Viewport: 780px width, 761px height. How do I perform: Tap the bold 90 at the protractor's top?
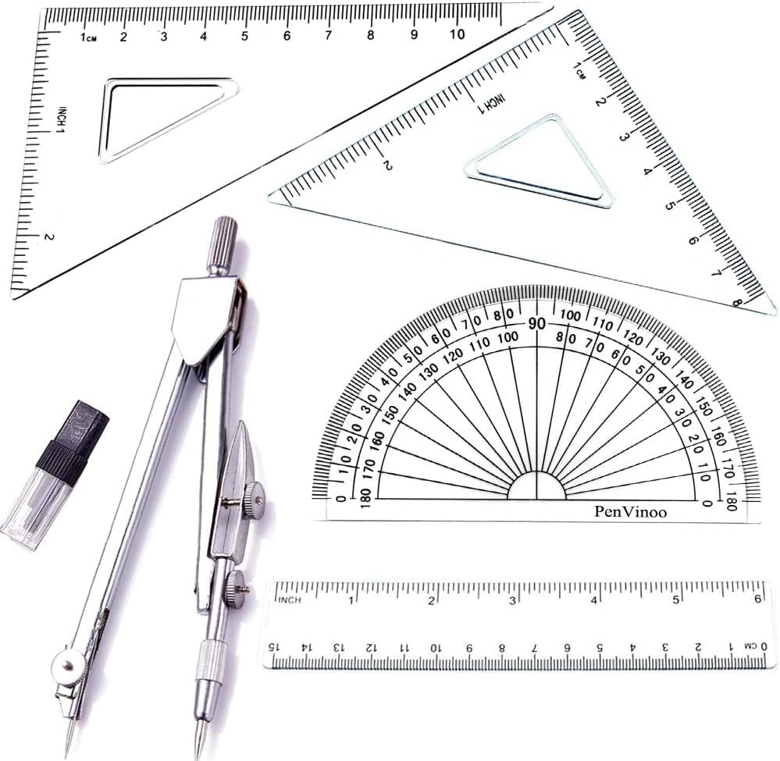click(536, 324)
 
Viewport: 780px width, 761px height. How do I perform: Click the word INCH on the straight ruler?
click(290, 600)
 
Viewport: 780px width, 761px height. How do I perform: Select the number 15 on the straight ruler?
click(273, 647)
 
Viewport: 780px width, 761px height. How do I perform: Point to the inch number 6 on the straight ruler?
click(757, 599)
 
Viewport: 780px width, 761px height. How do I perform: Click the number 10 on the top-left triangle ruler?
click(457, 34)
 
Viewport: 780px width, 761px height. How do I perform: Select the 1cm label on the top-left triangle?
click(88, 37)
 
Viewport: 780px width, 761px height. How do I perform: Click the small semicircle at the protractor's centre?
click(536, 487)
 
